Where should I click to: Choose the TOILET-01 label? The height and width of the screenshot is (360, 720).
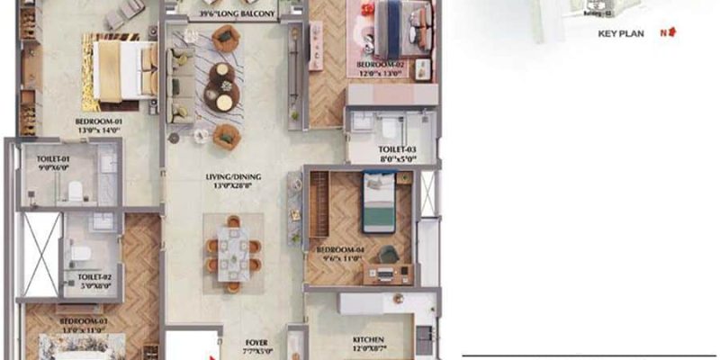pyautogui.click(x=53, y=158)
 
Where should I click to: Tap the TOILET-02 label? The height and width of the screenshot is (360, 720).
pyautogui.click(x=94, y=277)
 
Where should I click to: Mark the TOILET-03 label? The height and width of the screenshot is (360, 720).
pyautogui.click(x=397, y=149)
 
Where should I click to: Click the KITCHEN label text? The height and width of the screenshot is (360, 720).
pyautogui.click(x=369, y=340)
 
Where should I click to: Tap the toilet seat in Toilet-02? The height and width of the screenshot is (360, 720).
pyautogui.click(x=78, y=253)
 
